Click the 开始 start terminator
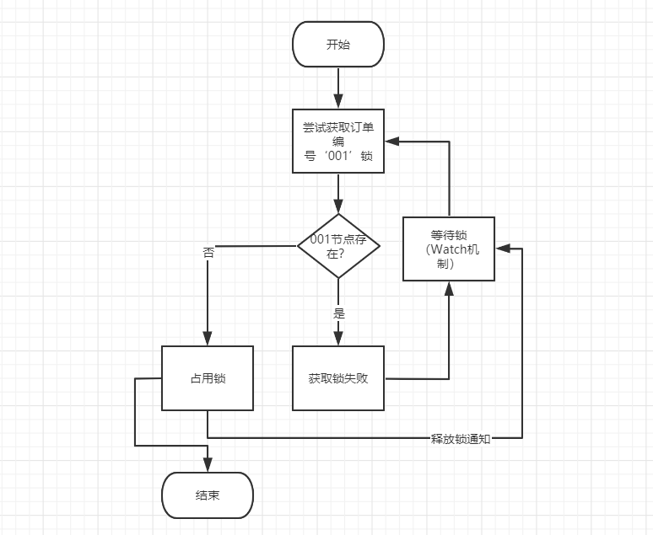(337, 45)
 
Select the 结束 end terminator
(208, 495)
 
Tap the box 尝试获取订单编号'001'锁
(337, 142)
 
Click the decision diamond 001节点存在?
(337, 245)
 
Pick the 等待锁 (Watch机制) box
(448, 249)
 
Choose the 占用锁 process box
(208, 378)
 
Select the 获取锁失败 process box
(337, 378)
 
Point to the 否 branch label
(208, 253)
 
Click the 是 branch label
(339, 313)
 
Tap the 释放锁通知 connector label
(461, 439)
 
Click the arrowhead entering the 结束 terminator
(208, 465)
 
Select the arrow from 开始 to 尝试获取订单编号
(337, 88)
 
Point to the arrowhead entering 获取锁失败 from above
(337, 338)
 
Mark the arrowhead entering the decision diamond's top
(337, 206)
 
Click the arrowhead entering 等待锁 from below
(448, 288)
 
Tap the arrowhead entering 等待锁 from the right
(501, 249)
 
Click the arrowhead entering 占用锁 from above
(208, 338)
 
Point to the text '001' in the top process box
(337, 156)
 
